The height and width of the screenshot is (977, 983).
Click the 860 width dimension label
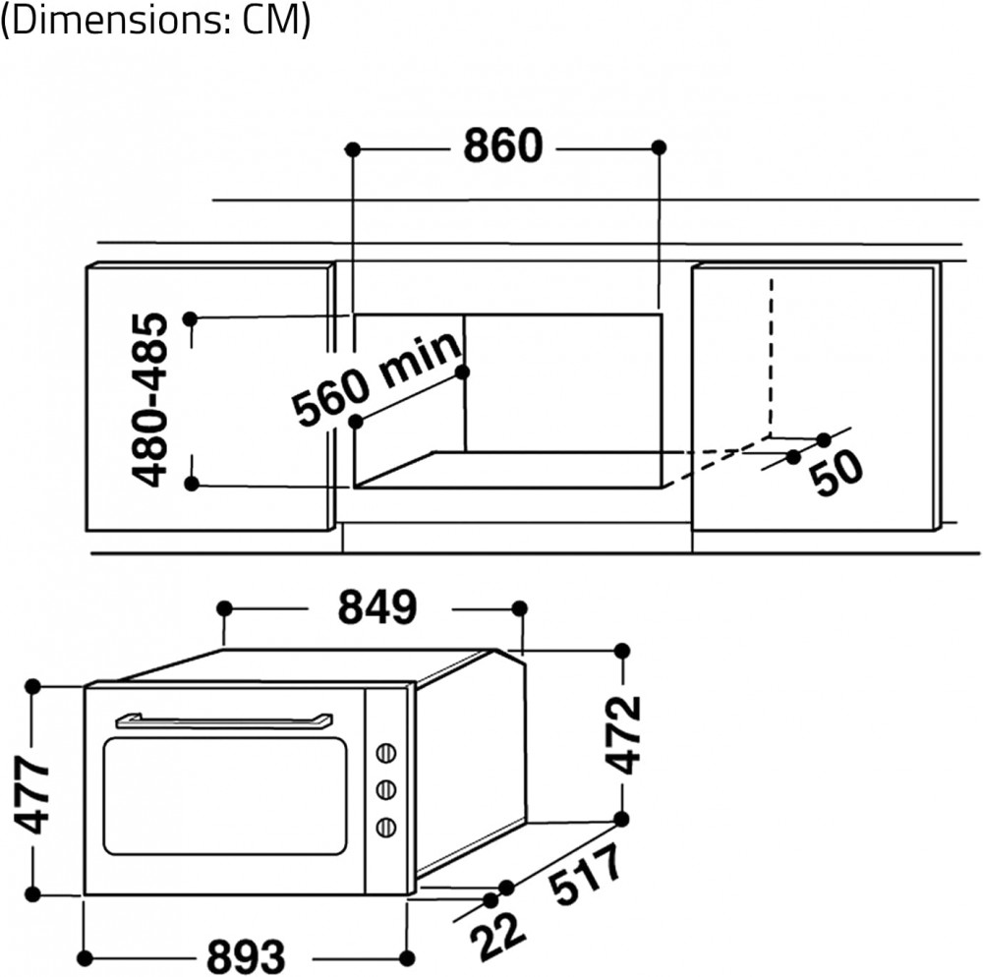coord(502,146)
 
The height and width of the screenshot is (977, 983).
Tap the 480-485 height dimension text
coord(150,400)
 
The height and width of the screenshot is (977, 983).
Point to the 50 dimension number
coord(836,473)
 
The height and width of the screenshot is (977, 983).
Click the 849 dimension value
coord(377,606)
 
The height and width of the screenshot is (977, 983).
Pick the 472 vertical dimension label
coord(623,734)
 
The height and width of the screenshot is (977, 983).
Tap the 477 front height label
coord(32,794)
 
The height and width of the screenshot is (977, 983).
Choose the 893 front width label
coord(246,957)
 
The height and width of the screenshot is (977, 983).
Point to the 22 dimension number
coord(496,936)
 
